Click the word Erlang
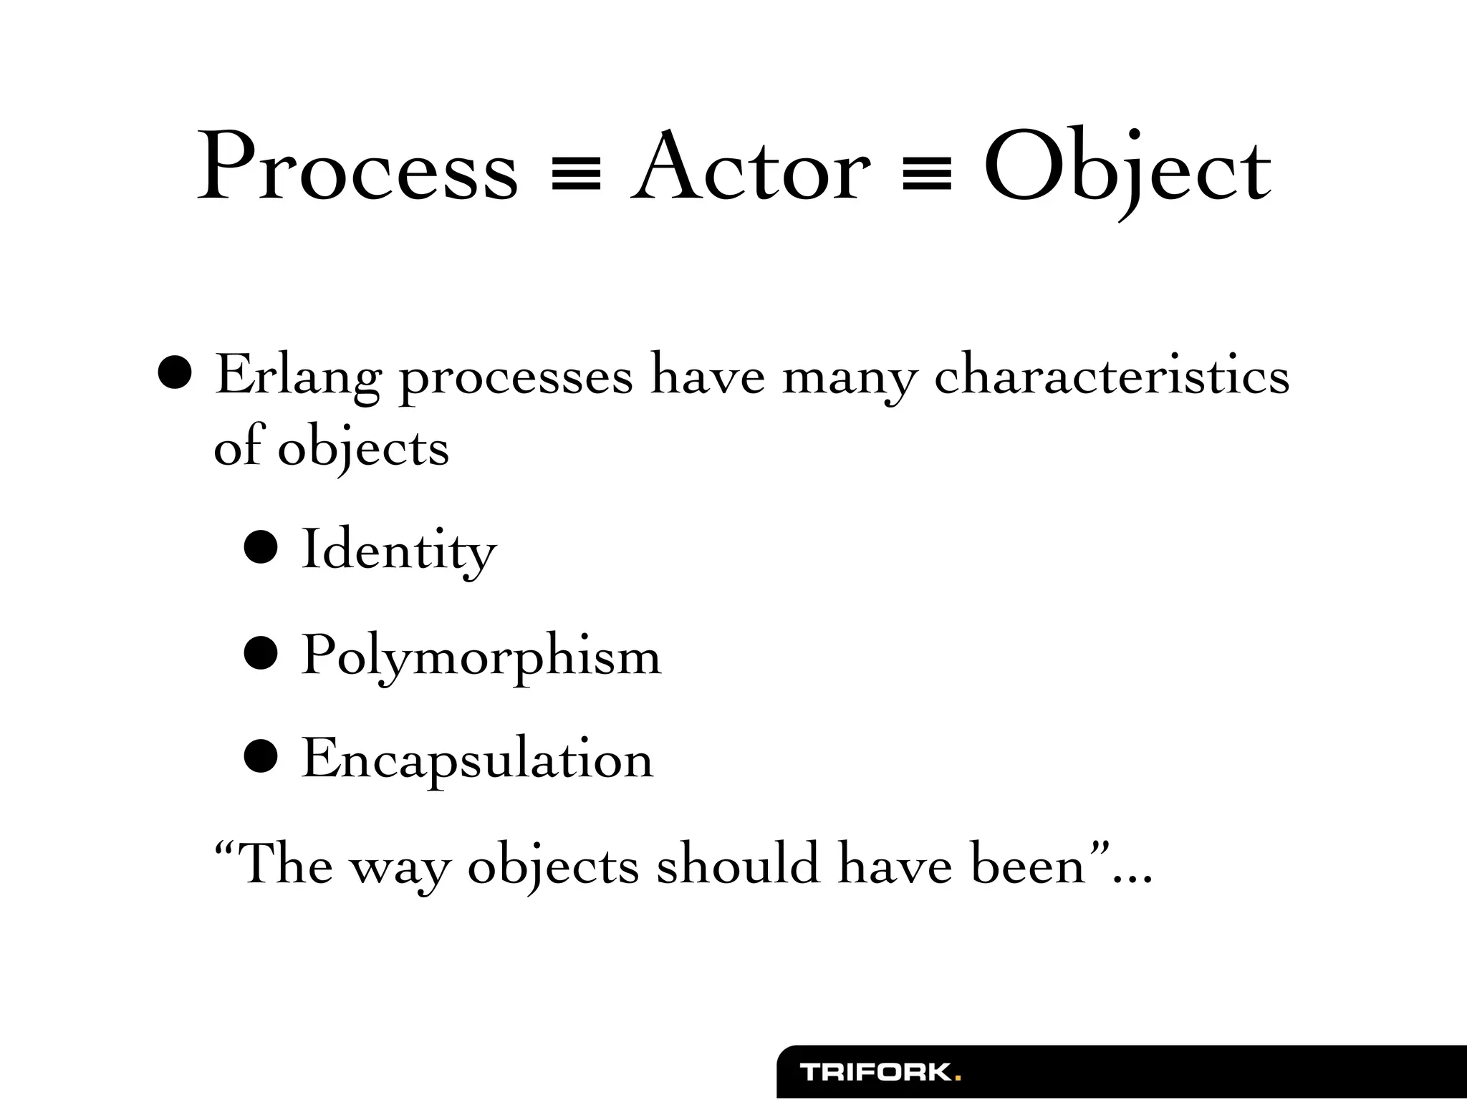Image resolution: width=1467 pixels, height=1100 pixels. tap(297, 377)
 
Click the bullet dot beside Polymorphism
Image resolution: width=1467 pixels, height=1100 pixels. tap(260, 654)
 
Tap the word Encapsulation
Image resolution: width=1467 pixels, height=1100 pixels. tap(477, 759)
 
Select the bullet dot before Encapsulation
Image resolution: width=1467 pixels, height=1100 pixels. tap(260, 758)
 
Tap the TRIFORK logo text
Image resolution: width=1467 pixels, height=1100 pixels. tap(876, 1073)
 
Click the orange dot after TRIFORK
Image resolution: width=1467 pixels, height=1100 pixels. tap(958, 1079)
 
